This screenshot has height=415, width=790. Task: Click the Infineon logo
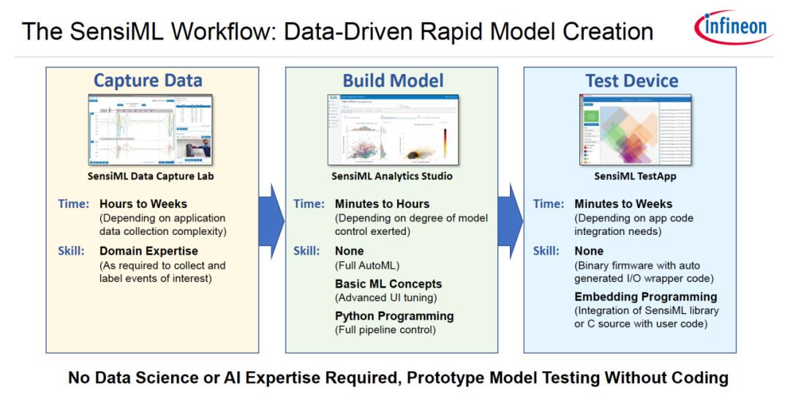[734, 28]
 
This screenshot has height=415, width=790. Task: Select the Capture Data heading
[148, 81]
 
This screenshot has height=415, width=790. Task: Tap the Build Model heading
[394, 81]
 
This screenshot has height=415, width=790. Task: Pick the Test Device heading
[631, 81]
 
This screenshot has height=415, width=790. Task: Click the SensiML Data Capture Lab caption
[151, 176]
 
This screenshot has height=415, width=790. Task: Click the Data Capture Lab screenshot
[150, 131]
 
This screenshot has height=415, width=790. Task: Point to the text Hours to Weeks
[143, 203]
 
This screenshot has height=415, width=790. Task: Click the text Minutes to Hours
[382, 203]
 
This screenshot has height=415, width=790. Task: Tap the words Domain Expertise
[148, 251]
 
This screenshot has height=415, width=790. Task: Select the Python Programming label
[394, 316]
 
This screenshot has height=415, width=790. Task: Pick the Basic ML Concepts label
[388, 283]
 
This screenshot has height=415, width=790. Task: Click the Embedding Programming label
[645, 296]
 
